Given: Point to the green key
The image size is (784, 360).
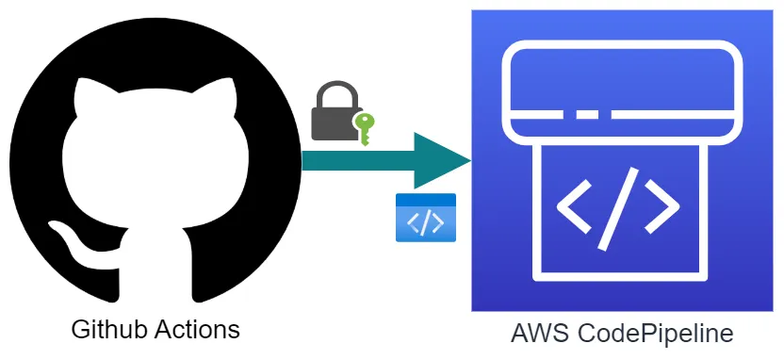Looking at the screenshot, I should pyautogui.click(x=363, y=128).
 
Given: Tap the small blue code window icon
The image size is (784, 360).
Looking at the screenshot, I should pyautogui.click(x=426, y=218).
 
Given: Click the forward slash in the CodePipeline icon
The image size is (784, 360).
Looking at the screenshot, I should pyautogui.click(x=617, y=204).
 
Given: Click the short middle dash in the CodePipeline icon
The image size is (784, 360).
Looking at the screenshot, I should pyautogui.click(x=587, y=116).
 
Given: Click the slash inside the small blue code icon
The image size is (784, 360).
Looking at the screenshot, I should pyautogui.click(x=426, y=223).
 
